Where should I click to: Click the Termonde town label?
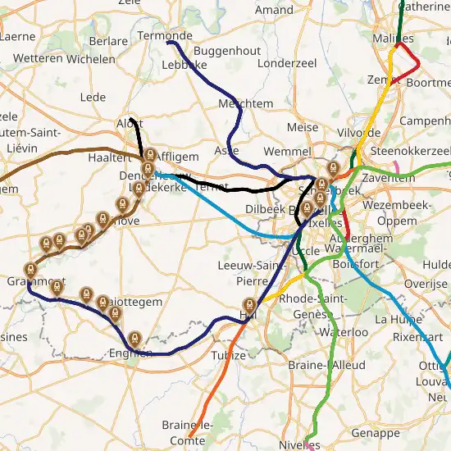(165, 36)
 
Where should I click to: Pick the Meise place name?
(303, 127)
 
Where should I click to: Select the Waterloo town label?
(339, 332)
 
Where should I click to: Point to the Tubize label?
(229, 355)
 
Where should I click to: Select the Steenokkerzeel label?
(411, 152)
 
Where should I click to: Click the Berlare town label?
(108, 41)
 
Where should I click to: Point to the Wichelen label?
(91, 60)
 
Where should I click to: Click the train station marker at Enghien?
(134, 337)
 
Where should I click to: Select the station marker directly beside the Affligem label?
(150, 155)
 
